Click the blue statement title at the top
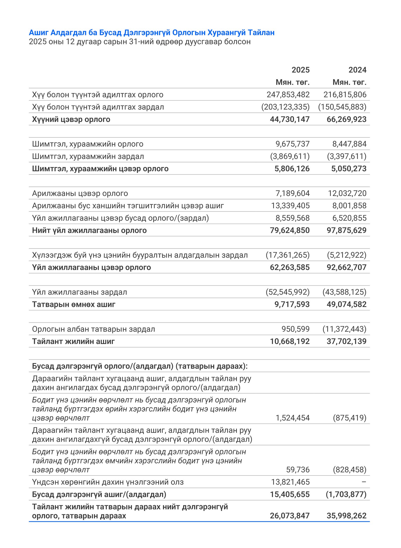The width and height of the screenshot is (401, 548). click(152, 33)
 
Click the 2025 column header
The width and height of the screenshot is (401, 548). click(300, 70)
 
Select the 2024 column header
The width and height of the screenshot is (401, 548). click(357, 70)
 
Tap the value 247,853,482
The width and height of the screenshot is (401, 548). click(288, 95)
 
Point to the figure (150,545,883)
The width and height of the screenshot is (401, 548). click(342, 107)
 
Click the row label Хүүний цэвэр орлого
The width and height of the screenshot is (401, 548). click(71, 119)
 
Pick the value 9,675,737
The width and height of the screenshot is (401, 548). click(292, 144)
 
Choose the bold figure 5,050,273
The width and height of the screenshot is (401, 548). click(349, 169)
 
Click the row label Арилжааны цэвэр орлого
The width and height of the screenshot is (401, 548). click(80, 193)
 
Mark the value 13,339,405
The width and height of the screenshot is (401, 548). click(290, 206)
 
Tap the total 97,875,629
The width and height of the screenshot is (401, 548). click(346, 230)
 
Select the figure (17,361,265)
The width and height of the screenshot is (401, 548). click(287, 255)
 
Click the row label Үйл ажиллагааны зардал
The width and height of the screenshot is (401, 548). click(79, 292)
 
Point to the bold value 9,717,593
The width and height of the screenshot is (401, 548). click(292, 304)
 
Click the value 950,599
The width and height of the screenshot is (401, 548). click(295, 329)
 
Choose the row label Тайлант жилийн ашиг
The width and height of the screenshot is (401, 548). click(73, 341)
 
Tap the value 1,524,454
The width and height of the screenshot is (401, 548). click(292, 418)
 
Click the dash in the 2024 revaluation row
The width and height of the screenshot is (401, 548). click(364, 482)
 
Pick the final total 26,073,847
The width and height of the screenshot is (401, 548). click(289, 516)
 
